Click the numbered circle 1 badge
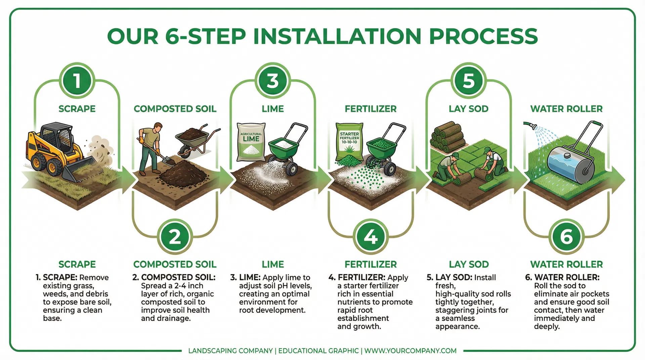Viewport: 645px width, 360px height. pyautogui.click(x=77, y=81)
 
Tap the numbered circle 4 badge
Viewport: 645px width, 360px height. pyautogui.click(x=371, y=237)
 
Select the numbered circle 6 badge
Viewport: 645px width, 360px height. pyautogui.click(x=566, y=237)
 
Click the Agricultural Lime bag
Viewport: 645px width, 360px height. pyautogui.click(x=251, y=142)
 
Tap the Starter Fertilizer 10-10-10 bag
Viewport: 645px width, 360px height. pyautogui.click(x=349, y=143)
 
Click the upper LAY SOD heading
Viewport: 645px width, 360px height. pyautogui.click(x=468, y=109)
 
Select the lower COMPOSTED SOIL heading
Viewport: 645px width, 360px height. pyautogui.click(x=175, y=264)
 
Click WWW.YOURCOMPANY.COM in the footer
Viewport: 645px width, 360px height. pyautogui.click(x=410, y=351)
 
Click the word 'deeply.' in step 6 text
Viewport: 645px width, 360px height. pyautogui.click(x=547, y=326)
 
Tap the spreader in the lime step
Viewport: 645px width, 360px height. pyautogui.click(x=287, y=148)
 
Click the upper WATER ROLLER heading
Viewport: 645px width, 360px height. pyautogui.click(x=566, y=109)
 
